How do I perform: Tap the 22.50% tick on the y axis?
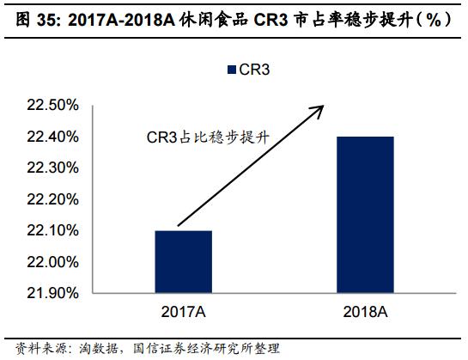55,106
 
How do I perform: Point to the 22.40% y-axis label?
55,137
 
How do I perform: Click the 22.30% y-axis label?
55,168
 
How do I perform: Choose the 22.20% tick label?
55,199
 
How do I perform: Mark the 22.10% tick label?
55,230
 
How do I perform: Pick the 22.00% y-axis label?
55,261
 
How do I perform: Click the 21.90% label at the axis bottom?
55,293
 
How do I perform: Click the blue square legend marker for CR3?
231,69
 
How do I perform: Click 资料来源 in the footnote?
27,348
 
